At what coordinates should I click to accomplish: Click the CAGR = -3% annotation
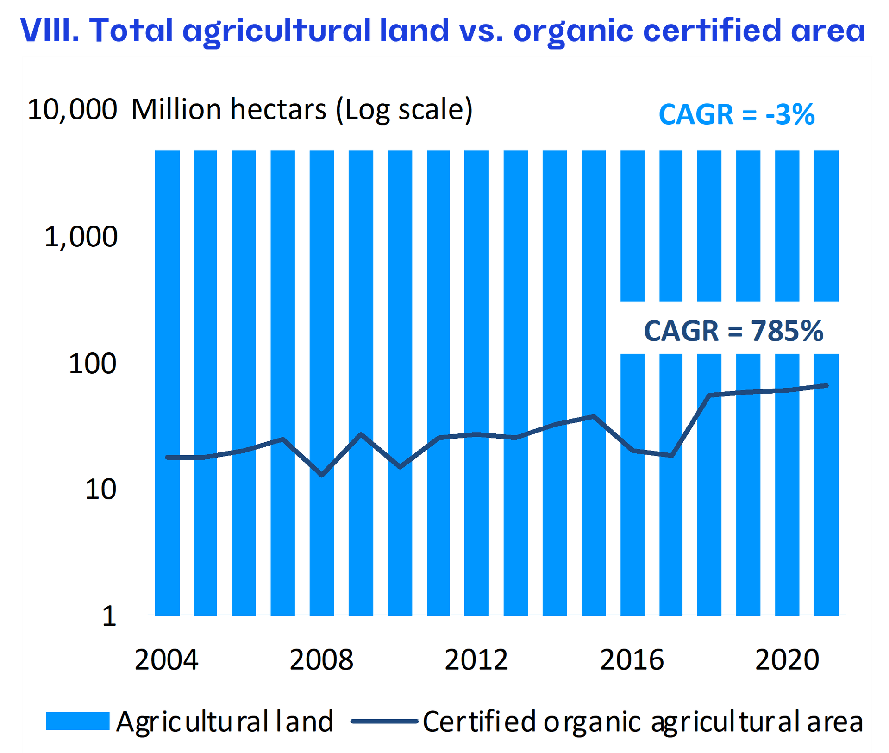pos(736,114)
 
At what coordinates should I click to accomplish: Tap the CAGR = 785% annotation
pos(733,331)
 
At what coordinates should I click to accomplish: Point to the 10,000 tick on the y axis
pos(72,110)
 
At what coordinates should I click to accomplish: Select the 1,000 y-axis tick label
pos(81,237)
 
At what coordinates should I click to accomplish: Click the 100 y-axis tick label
pos(92,364)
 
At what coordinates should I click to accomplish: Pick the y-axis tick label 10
pos(100,489)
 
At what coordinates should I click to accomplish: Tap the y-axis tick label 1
pos(109,616)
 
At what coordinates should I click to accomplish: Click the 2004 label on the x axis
pos(166,660)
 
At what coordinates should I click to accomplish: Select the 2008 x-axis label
pos(321,660)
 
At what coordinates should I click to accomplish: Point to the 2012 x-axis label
pos(476,660)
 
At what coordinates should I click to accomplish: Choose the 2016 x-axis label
pos(632,660)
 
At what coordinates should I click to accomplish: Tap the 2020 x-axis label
pos(787,660)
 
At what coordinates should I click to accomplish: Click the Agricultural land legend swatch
pos(77,721)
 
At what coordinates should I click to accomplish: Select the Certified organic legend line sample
pos(384,721)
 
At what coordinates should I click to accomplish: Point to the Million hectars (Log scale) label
pos(302,110)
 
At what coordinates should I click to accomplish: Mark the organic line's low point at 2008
pos(322,475)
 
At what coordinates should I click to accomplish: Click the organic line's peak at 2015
pos(594,416)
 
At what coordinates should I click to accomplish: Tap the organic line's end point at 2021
pos(826,385)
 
